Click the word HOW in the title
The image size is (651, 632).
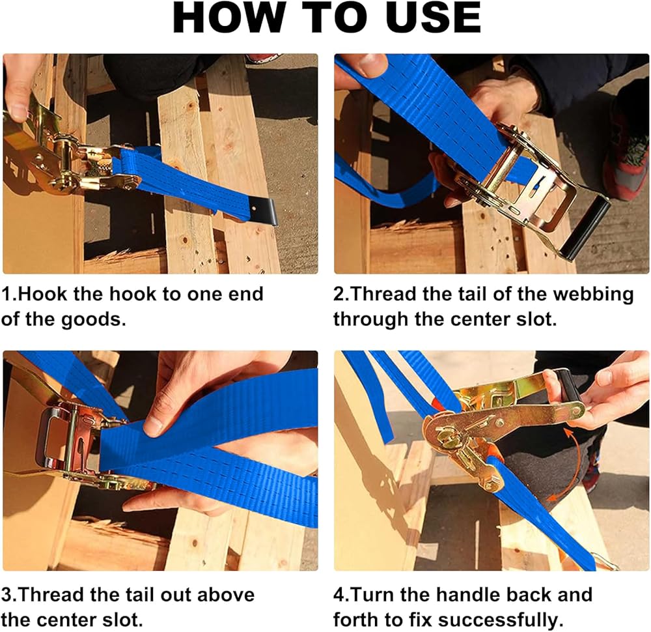227,18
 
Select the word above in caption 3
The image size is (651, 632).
225,595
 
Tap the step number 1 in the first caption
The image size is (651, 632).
7,294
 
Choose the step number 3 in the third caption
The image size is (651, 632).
6,595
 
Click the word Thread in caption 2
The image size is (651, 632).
383,294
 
